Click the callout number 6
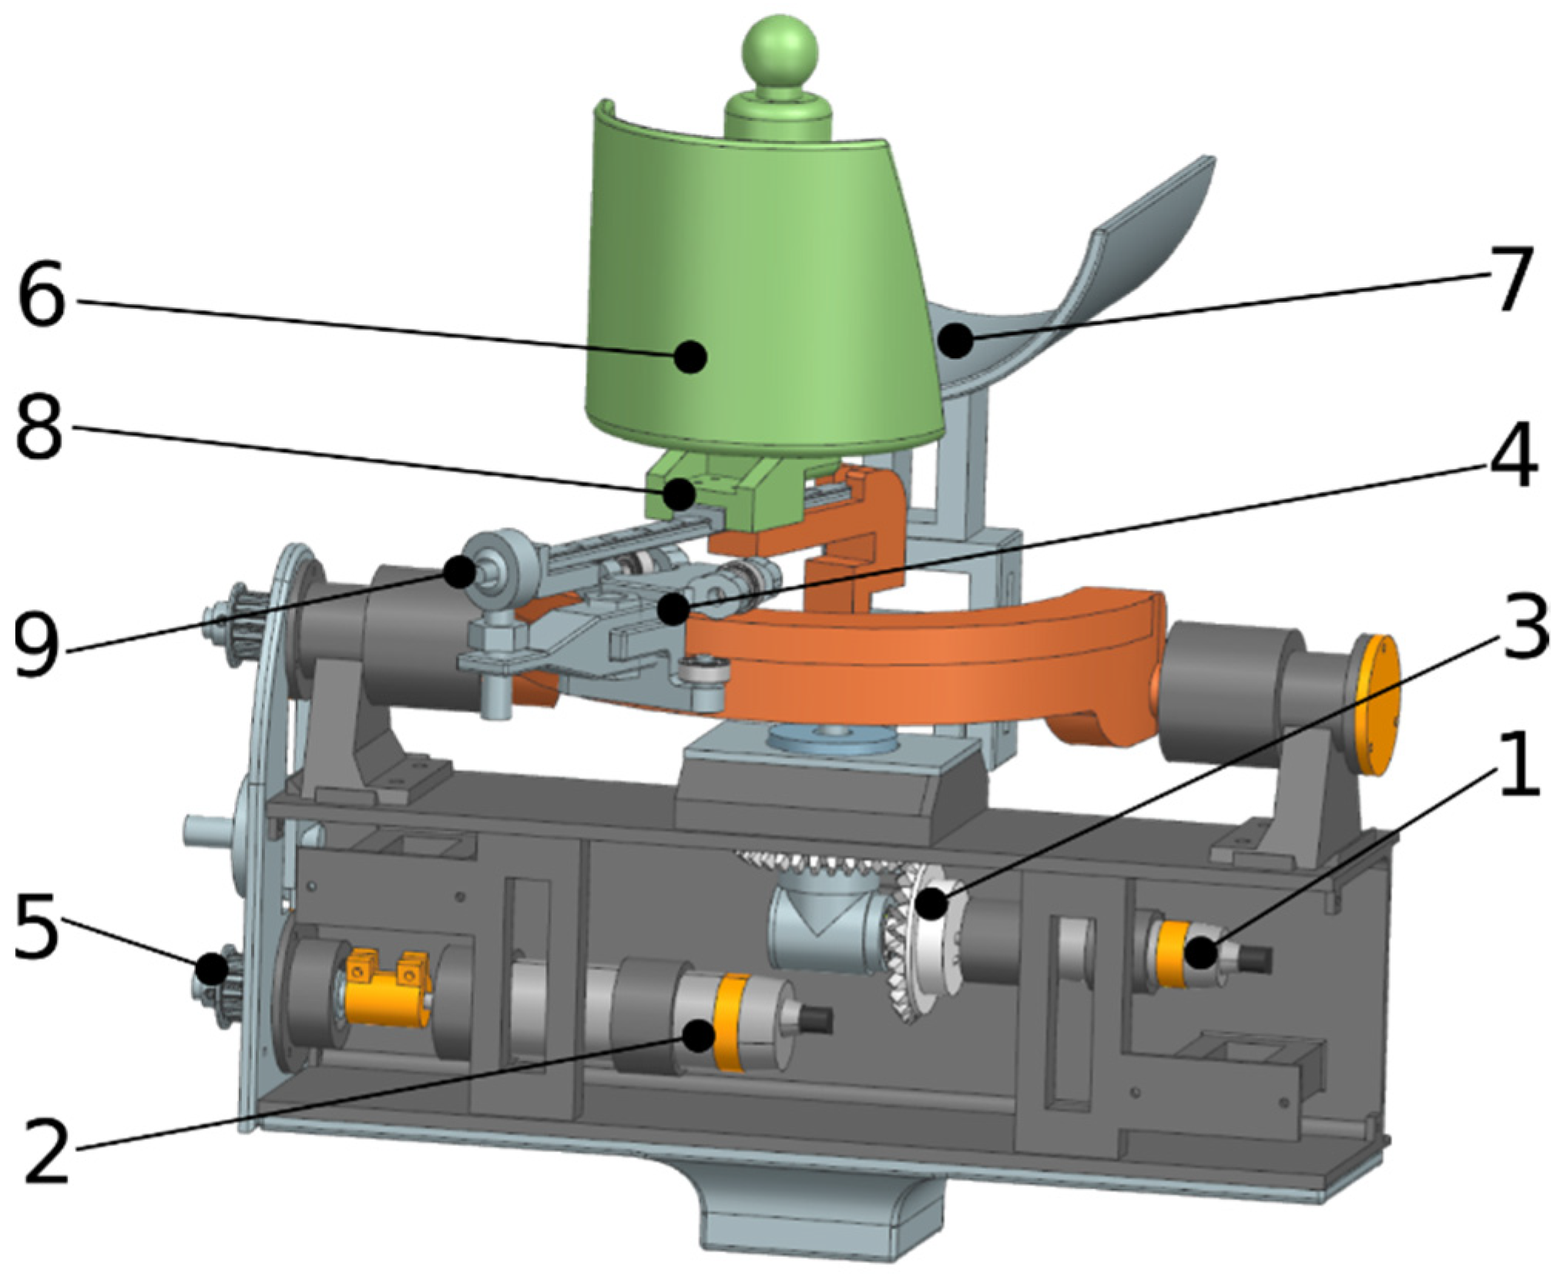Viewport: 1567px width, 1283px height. click(43, 293)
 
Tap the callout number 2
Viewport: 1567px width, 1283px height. click(48, 1151)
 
